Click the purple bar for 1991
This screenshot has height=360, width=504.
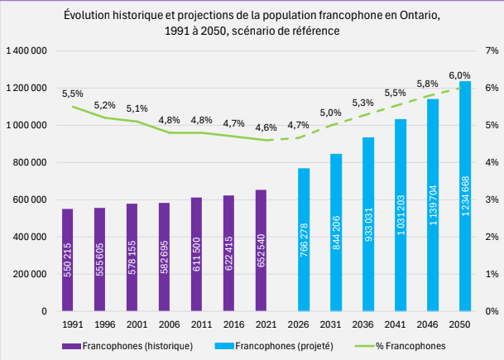68,260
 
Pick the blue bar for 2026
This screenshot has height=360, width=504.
304,240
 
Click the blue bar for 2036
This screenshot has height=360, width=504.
368,224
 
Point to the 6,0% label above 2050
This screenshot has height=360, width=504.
459,75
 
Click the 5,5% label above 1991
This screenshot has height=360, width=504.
73,94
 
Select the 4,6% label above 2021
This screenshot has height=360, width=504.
266,127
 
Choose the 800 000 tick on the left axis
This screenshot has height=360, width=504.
31,162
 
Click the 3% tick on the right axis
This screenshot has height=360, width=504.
490,199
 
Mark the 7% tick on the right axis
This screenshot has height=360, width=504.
490,51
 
